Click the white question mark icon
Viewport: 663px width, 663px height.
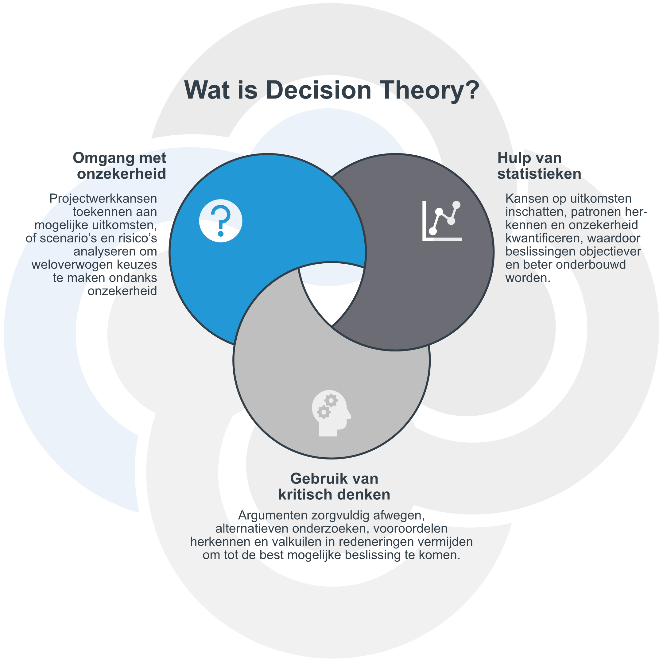[221, 221]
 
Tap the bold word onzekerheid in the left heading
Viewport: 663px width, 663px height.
[122, 174]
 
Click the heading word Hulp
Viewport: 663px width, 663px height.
[512, 158]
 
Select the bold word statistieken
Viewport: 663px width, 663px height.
[539, 174]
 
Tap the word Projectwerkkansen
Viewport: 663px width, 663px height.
[103, 199]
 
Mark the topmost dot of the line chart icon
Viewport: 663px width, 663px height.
[456, 205]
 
